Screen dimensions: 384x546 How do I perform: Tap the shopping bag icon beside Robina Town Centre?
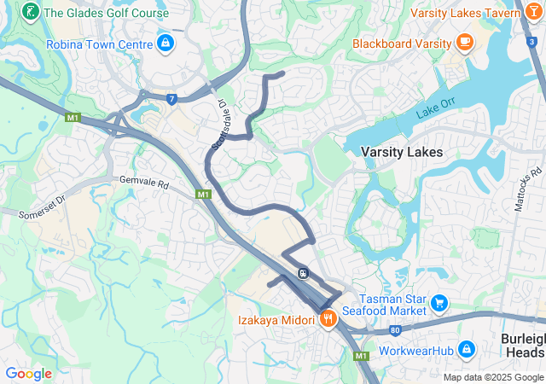click(x=165, y=43)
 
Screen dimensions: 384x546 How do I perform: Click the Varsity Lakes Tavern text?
click(x=464, y=13)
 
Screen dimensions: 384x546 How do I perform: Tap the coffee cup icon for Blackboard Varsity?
click(x=465, y=41)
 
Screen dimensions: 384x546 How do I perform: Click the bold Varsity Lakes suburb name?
click(x=402, y=152)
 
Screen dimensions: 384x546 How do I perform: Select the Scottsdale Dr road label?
click(x=218, y=125)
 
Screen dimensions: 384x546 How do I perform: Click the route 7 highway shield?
click(x=172, y=100)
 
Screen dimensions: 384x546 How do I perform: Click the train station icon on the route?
click(x=303, y=273)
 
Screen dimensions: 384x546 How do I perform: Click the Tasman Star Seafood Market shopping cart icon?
click(x=439, y=303)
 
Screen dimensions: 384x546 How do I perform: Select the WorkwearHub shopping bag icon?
click(x=467, y=349)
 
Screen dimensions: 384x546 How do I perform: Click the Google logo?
click(x=28, y=373)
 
